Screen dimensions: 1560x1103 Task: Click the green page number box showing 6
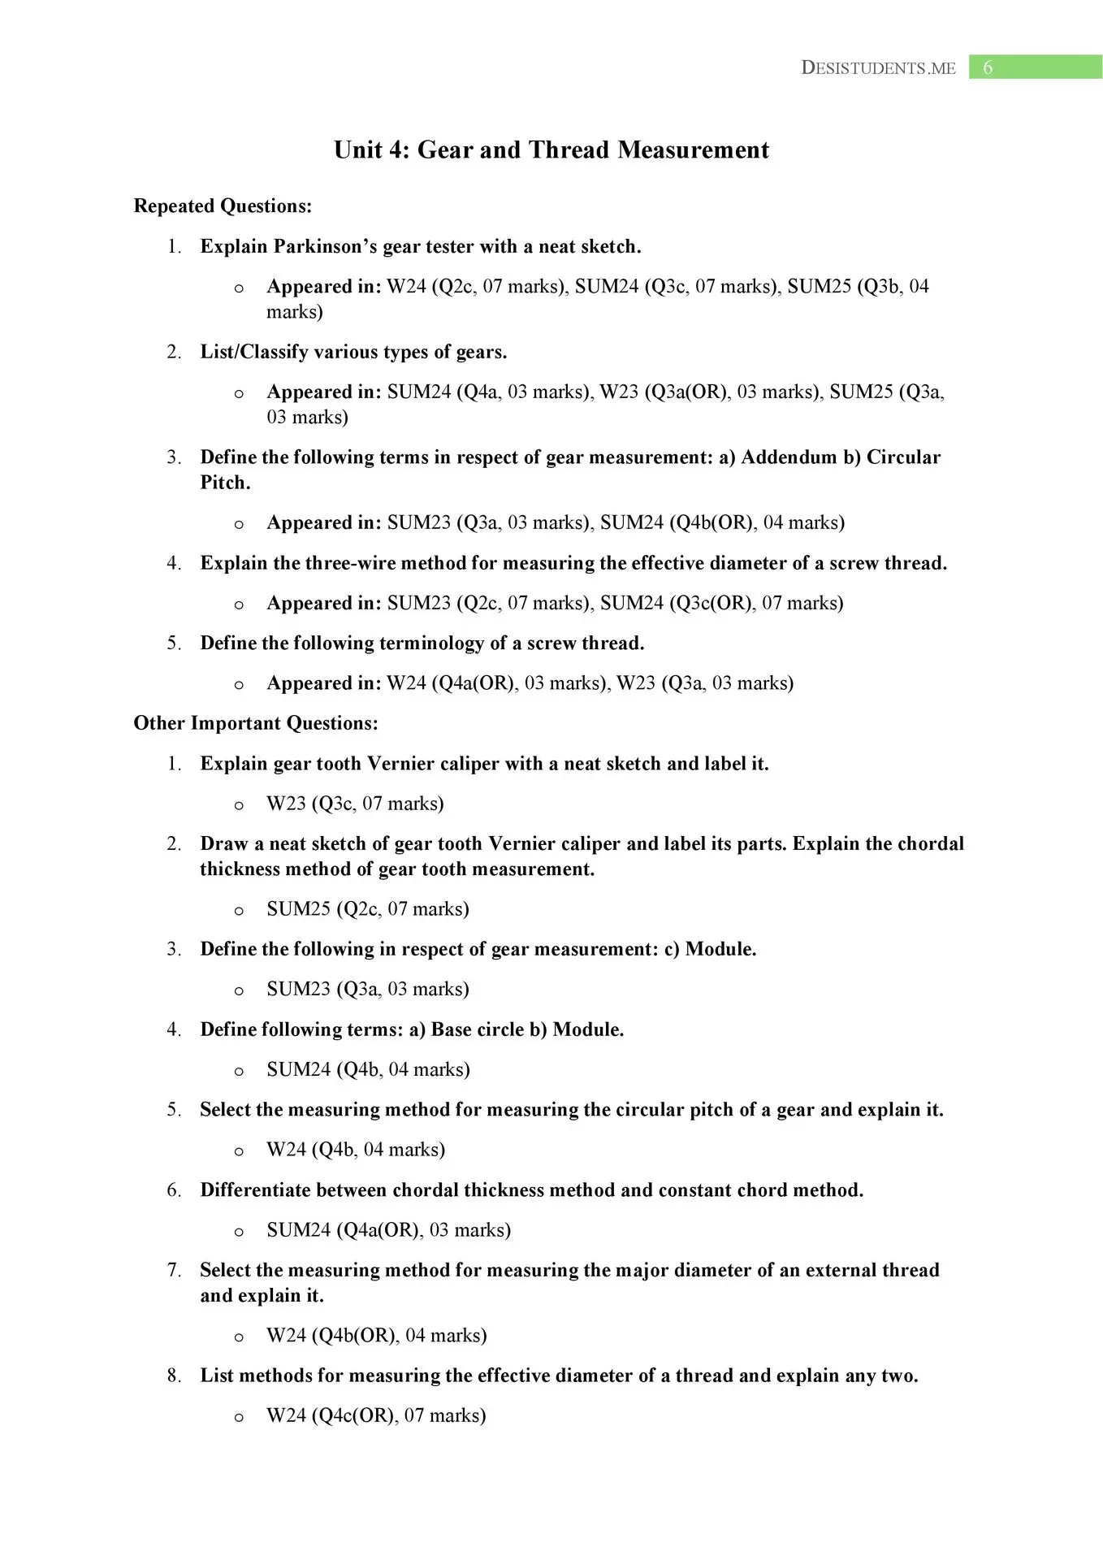[1035, 67]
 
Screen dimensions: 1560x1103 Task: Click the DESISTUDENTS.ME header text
[878, 68]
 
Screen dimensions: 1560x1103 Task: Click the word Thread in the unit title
[569, 150]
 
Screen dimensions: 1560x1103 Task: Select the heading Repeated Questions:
[223, 206]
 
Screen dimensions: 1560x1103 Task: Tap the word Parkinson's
[325, 247]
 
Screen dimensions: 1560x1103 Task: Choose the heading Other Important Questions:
[256, 724]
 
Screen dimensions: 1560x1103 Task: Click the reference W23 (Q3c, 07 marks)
[355, 804]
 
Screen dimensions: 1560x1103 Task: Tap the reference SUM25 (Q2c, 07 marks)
[368, 909]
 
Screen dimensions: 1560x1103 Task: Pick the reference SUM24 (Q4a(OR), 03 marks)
[388, 1230]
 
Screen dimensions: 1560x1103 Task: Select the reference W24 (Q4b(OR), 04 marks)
[376, 1336]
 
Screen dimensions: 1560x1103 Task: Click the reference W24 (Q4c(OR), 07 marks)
[376, 1416]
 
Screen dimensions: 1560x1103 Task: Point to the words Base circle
[477, 1030]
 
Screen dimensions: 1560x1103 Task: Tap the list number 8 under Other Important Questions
[174, 1376]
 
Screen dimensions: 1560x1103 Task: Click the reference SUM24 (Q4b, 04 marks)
[368, 1070]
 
